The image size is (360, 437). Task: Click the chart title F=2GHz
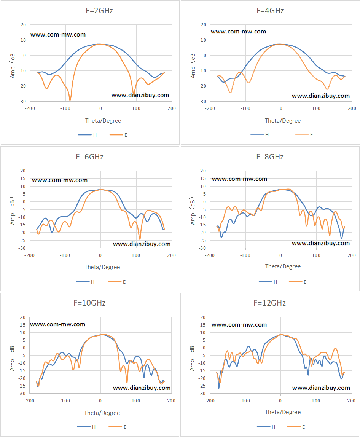point(99,11)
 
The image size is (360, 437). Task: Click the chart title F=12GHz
point(269,303)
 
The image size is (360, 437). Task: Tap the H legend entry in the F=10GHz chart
point(86,427)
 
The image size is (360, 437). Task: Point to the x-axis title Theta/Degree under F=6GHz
point(102,267)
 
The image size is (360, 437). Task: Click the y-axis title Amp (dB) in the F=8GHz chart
point(192,211)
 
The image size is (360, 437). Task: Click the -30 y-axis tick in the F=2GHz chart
point(22,101)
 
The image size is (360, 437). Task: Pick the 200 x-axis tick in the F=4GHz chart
point(352,108)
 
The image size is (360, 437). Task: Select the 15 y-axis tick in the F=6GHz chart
point(23,179)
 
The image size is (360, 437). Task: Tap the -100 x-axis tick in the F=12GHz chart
point(245,400)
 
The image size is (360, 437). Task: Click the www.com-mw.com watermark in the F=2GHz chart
point(58,35)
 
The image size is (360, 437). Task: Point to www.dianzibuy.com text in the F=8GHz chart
point(321,243)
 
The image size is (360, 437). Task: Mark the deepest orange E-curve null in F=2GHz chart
point(70,100)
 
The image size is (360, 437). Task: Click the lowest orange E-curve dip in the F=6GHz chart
point(140,239)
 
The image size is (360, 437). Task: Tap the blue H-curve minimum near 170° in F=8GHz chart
point(341,238)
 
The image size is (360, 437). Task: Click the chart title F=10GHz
point(89,303)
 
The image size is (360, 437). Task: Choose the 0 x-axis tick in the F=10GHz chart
point(100,401)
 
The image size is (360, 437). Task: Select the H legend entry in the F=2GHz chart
point(88,135)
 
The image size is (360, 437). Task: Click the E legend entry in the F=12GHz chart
point(296,427)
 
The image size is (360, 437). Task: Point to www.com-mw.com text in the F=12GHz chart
point(239,325)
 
